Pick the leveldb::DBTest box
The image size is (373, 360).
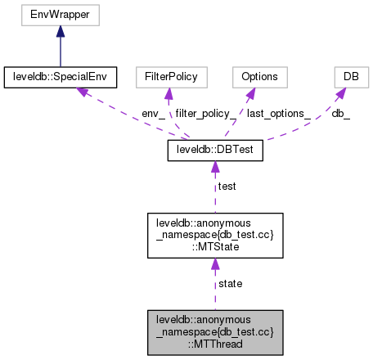(x=214, y=150)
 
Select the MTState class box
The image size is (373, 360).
(x=214, y=236)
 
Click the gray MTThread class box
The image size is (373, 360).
(x=214, y=332)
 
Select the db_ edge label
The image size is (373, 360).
(x=341, y=114)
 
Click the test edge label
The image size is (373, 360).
(x=227, y=187)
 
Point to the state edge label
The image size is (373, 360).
(x=230, y=283)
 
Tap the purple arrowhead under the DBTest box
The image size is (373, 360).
(x=214, y=167)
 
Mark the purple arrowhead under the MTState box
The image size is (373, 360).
(x=214, y=264)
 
